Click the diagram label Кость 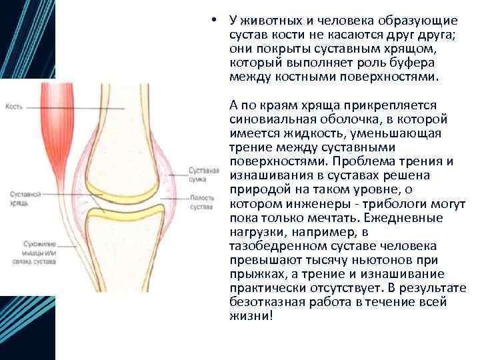14,107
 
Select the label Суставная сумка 203,175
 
